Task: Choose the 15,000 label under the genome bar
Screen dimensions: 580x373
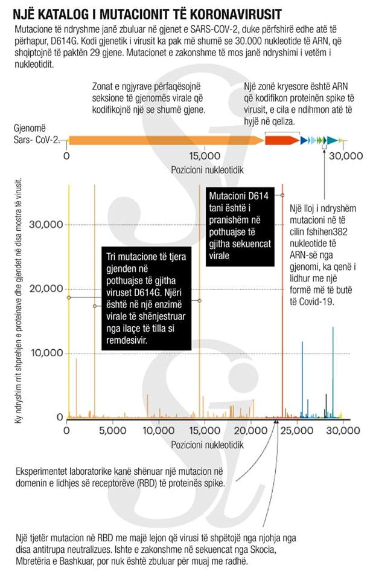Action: coord(199,156)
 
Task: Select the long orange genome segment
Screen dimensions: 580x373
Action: coord(166,140)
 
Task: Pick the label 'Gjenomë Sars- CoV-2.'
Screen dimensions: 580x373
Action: coord(36,135)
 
